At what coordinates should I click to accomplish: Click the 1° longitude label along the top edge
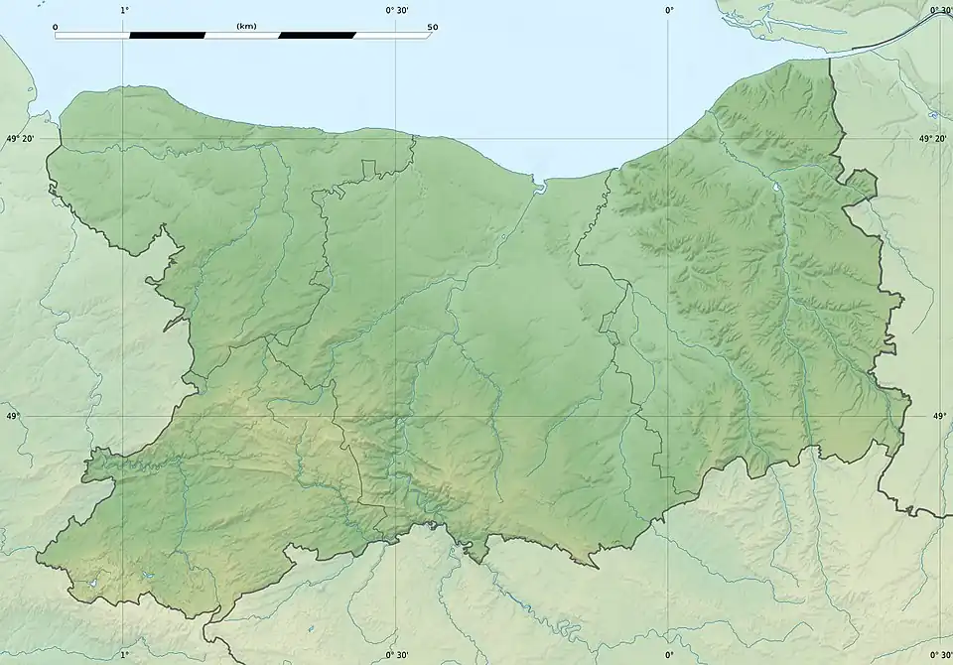coord(124,10)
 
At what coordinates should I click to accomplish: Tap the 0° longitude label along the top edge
coord(668,10)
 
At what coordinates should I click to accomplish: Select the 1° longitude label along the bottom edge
coord(124,655)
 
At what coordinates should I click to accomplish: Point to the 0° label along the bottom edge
coord(668,655)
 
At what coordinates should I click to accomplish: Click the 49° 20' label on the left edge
coord(20,139)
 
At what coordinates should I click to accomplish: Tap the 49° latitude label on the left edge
coord(13,417)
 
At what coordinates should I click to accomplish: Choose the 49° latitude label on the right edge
coord(940,417)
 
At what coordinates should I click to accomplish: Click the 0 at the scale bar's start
coord(55,27)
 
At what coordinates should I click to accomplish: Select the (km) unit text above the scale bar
coord(246,26)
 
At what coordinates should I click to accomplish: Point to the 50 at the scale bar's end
coord(432,27)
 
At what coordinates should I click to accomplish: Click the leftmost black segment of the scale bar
coord(167,36)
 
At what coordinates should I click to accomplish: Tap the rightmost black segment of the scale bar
coord(318,36)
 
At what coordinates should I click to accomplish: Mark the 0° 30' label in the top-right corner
coord(941,10)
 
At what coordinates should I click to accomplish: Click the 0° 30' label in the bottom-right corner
coord(941,655)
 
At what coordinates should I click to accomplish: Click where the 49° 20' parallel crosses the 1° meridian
coord(124,139)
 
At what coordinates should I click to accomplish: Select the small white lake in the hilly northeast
coord(774,187)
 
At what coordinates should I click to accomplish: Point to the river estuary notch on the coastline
coord(540,185)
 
